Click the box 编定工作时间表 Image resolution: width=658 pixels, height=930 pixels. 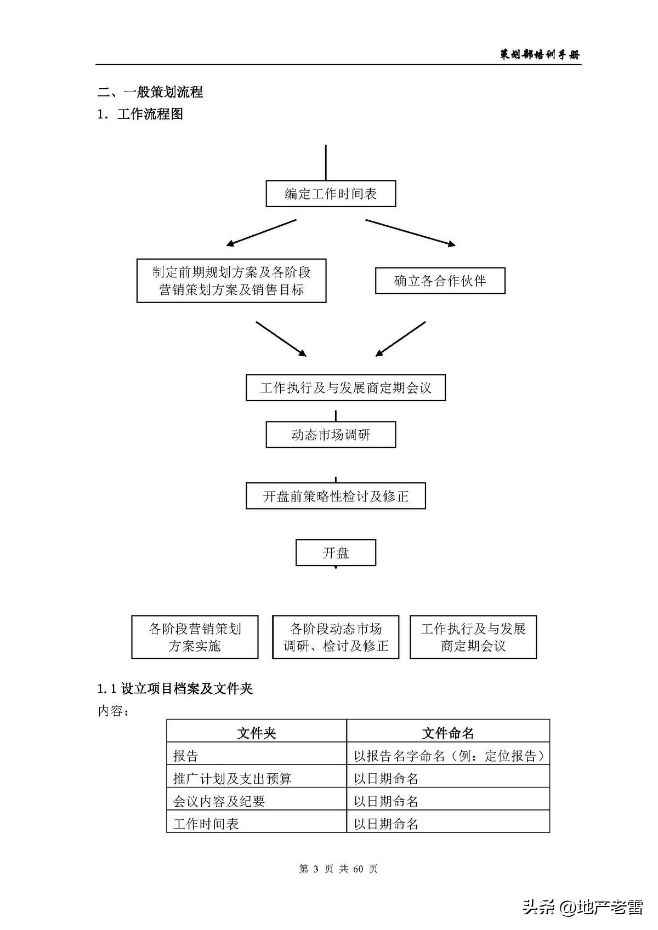coord(331,194)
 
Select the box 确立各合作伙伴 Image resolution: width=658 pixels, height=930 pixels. coord(440,281)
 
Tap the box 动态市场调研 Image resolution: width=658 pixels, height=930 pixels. coord(331,435)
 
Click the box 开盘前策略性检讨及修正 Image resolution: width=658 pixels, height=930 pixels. coord(336,496)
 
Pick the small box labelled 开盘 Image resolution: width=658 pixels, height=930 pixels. coord(336,552)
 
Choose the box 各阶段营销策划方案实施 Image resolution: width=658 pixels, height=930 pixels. coord(195,637)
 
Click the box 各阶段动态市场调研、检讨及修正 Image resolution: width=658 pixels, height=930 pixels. coord(336,637)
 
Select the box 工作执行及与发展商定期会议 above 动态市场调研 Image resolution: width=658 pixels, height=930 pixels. coord(345,387)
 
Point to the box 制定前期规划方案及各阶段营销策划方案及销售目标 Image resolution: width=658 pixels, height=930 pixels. coord(231,281)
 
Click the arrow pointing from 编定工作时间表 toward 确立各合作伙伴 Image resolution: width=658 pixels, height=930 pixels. coord(410,232)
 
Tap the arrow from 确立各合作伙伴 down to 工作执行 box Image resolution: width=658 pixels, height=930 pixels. coord(401,339)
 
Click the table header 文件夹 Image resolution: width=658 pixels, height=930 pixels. coord(257,733)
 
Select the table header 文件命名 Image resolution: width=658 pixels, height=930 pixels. coord(448,733)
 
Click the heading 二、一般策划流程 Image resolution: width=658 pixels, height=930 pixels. coord(150,92)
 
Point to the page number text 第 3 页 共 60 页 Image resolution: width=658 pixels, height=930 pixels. coord(338,869)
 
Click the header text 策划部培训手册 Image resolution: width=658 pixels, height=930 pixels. coord(540,54)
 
